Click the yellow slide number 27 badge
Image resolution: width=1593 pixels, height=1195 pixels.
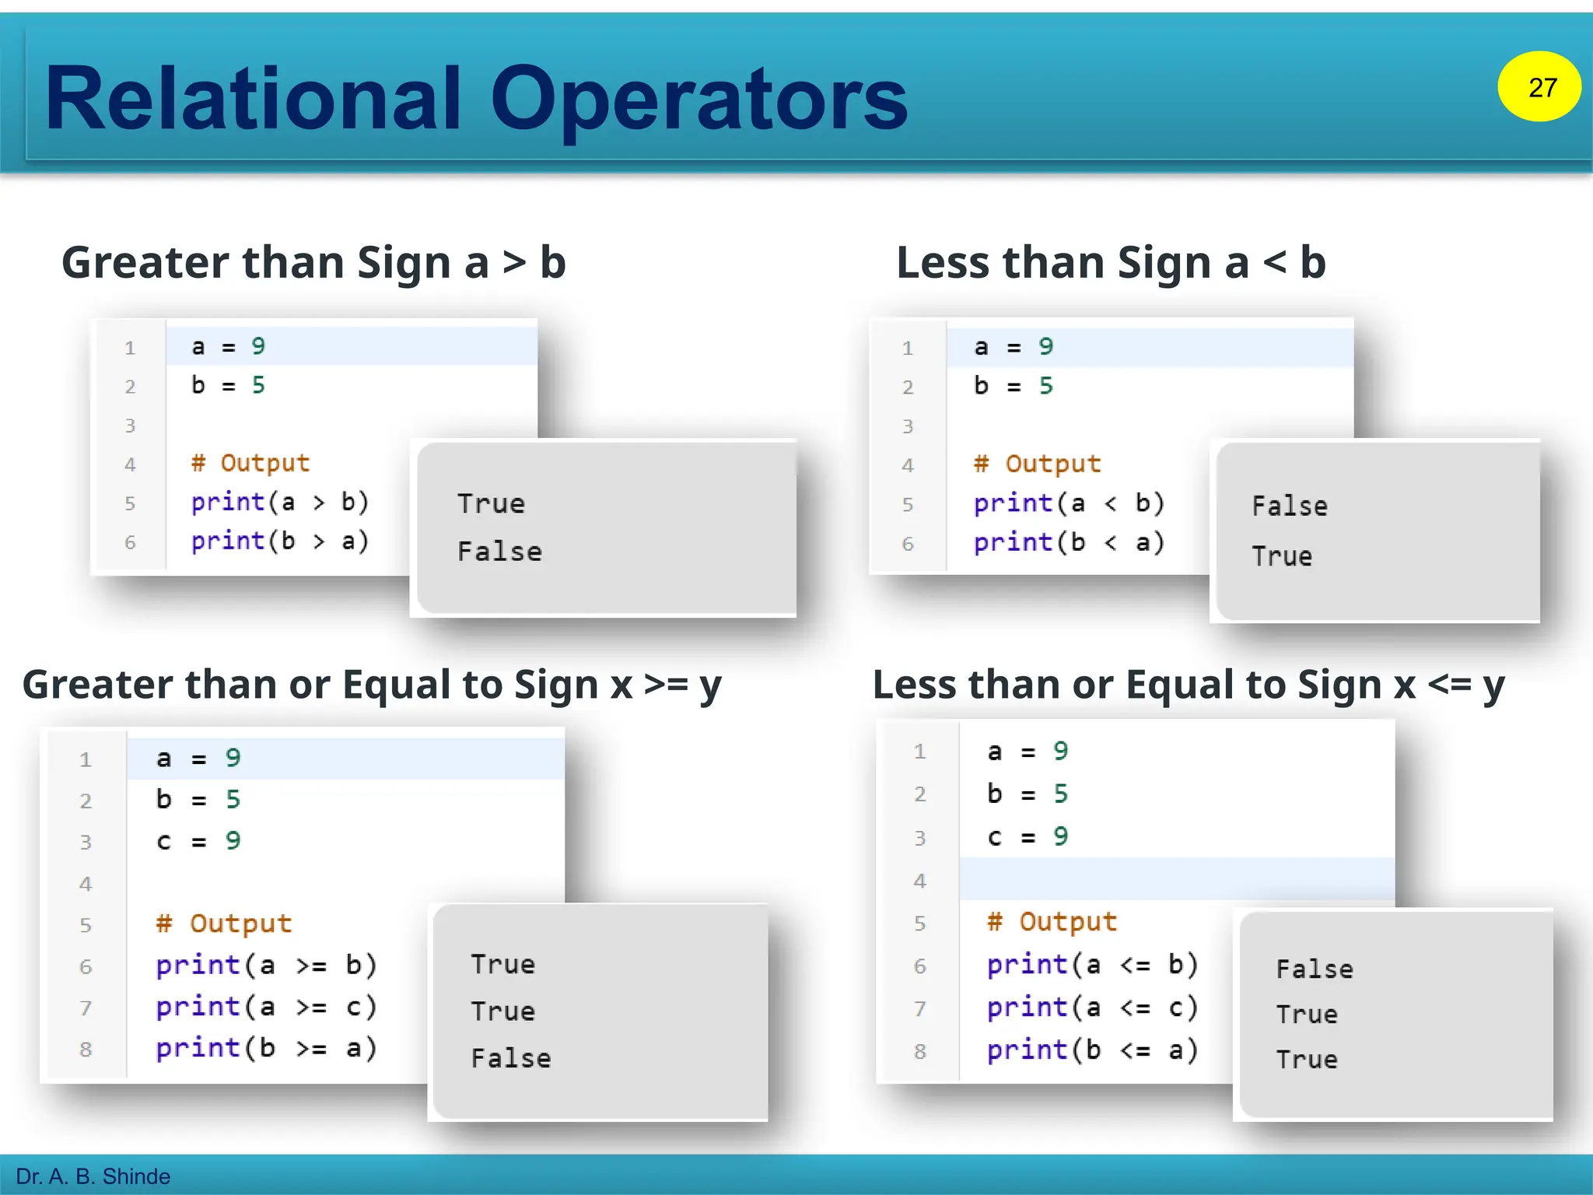point(1539,86)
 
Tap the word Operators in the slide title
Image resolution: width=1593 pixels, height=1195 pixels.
point(698,99)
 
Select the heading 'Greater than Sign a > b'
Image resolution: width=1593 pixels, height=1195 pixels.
point(313,263)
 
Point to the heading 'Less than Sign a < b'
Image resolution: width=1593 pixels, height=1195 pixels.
point(1110,263)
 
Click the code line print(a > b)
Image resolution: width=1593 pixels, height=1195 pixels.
point(280,503)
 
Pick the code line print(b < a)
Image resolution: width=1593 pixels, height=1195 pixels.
point(1069,542)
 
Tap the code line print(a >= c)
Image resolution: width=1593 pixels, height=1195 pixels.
point(266,1008)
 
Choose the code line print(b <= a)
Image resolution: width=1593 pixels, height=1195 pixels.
point(1092,1050)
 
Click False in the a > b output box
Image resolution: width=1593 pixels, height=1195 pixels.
point(499,552)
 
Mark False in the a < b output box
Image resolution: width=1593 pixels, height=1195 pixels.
point(1290,506)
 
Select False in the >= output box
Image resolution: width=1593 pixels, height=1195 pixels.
point(511,1058)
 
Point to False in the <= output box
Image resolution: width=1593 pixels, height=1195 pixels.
point(1315,969)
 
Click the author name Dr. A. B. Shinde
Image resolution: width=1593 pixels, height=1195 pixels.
point(93,1176)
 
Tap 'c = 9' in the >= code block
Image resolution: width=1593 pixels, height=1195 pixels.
point(198,841)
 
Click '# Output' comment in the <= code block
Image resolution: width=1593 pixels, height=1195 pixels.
point(1052,922)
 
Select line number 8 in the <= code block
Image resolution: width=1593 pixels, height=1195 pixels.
point(920,1052)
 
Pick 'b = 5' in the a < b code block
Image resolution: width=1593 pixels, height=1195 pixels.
point(1013,386)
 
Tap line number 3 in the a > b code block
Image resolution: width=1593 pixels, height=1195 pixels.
point(130,426)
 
